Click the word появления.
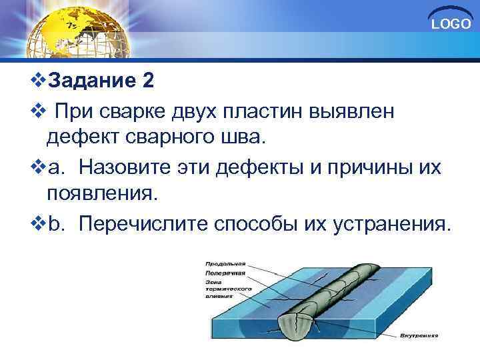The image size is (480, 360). [x=101, y=194]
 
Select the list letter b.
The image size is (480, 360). [x=54, y=223]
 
